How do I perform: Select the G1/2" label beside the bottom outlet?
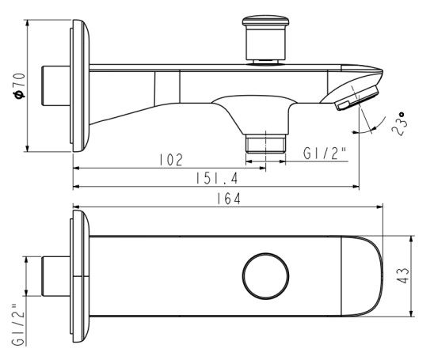(325, 153)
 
